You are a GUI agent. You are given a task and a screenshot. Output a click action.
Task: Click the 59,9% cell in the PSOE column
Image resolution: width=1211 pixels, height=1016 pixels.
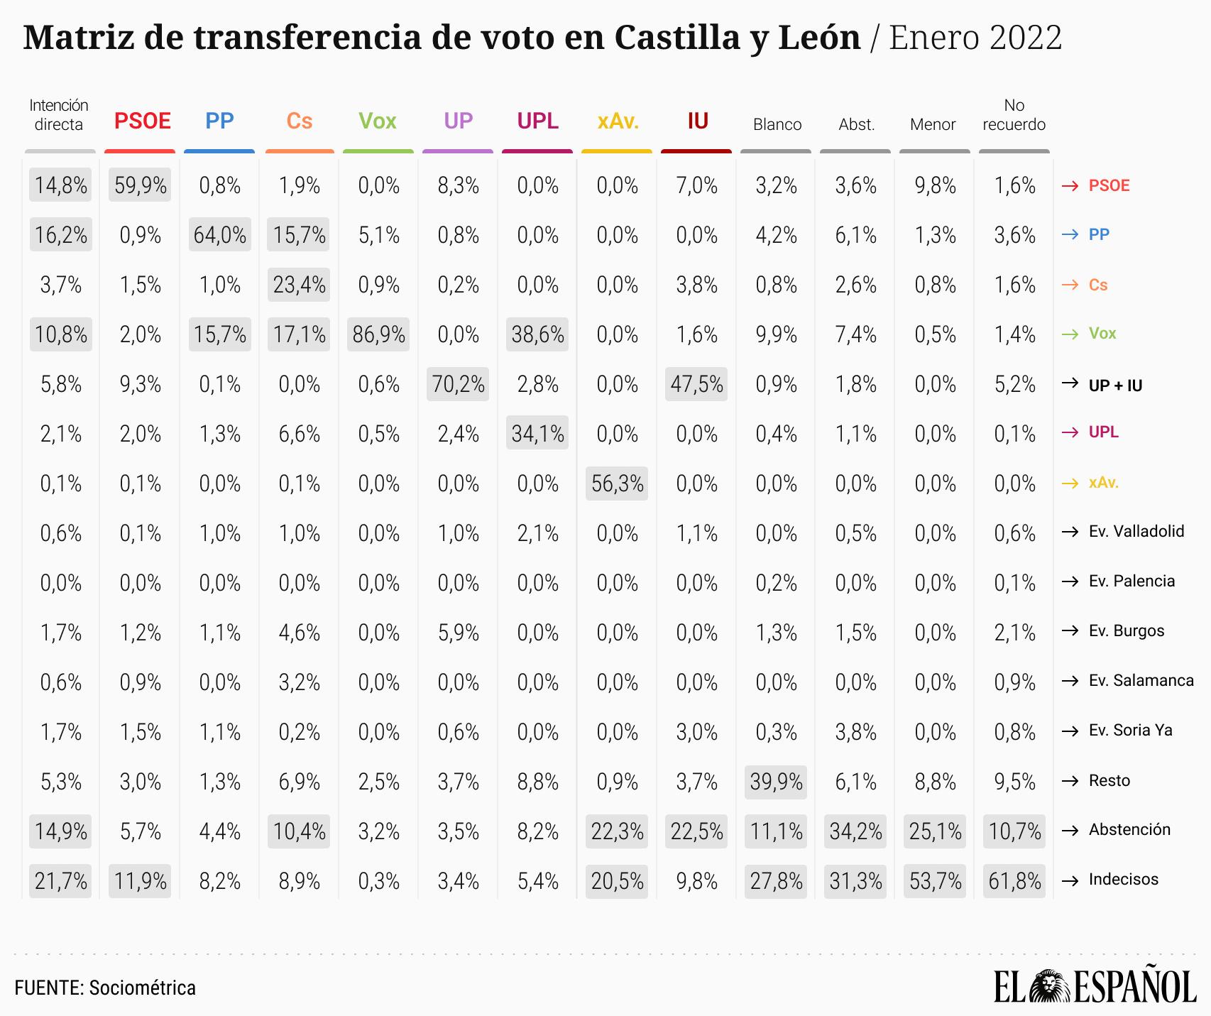(x=141, y=185)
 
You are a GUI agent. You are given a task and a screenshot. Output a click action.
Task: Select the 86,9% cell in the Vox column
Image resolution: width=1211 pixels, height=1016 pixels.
(x=379, y=334)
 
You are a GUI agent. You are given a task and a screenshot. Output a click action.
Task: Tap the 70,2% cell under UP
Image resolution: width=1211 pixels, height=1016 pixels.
(x=459, y=384)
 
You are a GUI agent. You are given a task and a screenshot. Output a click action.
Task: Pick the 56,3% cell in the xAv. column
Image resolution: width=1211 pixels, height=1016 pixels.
(x=618, y=484)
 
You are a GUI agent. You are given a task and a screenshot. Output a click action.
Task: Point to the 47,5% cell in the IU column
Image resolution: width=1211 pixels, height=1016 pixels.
(x=697, y=384)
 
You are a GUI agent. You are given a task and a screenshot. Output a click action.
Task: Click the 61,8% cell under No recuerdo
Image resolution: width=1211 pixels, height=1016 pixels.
(x=1015, y=881)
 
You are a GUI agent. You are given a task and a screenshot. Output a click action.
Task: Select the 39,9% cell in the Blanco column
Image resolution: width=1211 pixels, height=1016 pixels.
(x=777, y=782)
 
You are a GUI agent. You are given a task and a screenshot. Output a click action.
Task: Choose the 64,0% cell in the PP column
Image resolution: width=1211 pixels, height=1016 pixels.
(x=220, y=235)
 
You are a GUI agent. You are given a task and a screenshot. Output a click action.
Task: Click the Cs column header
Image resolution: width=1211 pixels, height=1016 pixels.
(x=300, y=121)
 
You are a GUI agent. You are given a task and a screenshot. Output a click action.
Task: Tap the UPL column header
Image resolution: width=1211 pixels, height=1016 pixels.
(x=538, y=121)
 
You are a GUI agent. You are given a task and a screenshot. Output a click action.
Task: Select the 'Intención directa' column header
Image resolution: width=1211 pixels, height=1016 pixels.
(x=59, y=115)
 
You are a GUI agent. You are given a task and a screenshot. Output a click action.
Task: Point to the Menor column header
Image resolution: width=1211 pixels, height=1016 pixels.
(x=933, y=125)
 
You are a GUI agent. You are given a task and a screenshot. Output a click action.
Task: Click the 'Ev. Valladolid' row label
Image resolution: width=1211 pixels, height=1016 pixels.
(x=1136, y=531)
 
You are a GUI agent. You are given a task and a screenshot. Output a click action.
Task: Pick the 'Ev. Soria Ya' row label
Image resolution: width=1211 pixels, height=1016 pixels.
(x=1130, y=730)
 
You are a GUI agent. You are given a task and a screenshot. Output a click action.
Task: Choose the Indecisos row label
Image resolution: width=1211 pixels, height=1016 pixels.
(x=1123, y=879)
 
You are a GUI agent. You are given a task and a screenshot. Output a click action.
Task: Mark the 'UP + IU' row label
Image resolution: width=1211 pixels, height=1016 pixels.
(x=1115, y=386)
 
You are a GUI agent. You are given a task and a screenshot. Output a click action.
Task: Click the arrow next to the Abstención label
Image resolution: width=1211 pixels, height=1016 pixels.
(x=1070, y=830)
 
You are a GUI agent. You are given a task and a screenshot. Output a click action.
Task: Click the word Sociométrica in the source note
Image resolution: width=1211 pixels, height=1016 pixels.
(x=142, y=988)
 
